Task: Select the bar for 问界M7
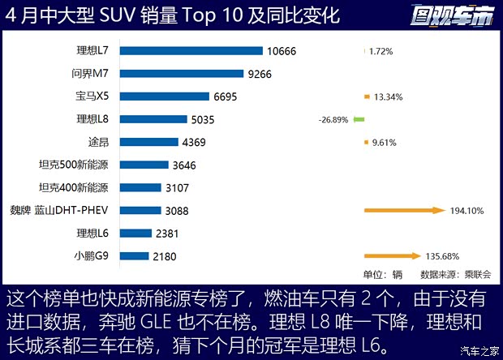182,74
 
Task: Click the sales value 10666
281,51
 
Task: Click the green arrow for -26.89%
359,119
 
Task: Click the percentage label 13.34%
389,96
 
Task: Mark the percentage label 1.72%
380,51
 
